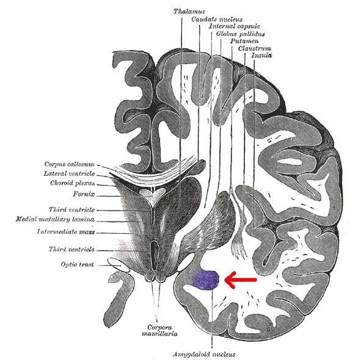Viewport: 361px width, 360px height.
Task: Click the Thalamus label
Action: point(189,11)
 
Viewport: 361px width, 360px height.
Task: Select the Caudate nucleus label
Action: point(217,19)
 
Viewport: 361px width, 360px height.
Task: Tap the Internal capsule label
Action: point(234,26)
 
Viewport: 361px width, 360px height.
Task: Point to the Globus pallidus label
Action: point(240,34)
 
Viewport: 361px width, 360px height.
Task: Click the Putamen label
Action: point(244,41)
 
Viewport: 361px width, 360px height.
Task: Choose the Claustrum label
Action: point(254,48)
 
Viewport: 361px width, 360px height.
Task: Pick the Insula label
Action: point(261,56)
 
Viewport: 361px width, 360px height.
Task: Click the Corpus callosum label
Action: point(69,164)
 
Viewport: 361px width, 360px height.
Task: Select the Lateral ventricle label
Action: point(69,173)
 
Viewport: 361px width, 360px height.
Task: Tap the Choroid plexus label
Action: point(73,183)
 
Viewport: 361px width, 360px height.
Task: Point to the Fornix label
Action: point(84,194)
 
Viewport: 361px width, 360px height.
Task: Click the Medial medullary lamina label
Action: point(55,219)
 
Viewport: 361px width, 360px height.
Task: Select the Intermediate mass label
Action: point(66,231)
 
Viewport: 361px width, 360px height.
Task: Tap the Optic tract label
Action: point(78,265)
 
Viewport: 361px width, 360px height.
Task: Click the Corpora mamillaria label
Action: point(159,330)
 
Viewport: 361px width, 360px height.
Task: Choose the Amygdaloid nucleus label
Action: point(204,355)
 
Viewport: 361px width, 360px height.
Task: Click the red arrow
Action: point(241,279)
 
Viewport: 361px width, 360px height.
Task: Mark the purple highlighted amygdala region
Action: point(205,280)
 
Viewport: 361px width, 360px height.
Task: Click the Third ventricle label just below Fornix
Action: point(71,209)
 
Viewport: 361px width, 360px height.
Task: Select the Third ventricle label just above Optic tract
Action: point(71,249)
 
